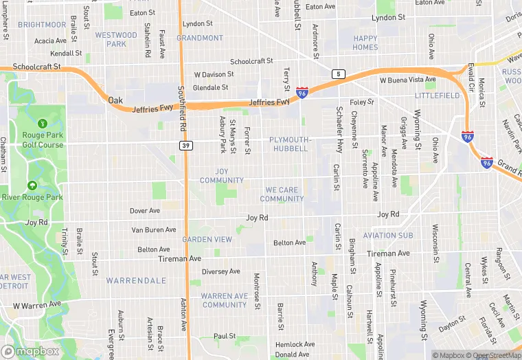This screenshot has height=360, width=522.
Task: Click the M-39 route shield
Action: coord(186,145)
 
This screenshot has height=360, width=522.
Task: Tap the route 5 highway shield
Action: coord(337,74)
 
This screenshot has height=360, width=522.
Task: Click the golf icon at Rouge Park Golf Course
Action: coord(42,123)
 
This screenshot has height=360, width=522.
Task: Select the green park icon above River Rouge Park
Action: coord(32,185)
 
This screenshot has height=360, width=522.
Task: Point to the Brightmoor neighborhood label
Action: coord(42,25)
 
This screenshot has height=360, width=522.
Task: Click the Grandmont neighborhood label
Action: coord(200,38)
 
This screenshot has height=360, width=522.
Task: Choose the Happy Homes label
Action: coord(365,43)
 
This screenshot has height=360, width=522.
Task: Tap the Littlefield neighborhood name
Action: coord(438,95)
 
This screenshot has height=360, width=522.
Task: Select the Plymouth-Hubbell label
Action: coord(291,144)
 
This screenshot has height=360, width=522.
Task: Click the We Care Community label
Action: coord(282,194)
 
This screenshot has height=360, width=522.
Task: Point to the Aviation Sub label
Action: coord(389,235)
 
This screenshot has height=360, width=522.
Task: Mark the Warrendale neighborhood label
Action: coord(136,280)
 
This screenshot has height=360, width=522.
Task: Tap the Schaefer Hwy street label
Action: coord(339,129)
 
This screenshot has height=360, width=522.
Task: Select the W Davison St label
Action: coord(214,74)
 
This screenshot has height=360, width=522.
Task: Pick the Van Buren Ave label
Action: coord(154,229)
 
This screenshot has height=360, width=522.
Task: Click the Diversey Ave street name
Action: coord(221,271)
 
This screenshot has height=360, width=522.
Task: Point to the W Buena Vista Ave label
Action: coord(408,80)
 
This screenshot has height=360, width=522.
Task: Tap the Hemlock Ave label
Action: coord(295,344)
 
